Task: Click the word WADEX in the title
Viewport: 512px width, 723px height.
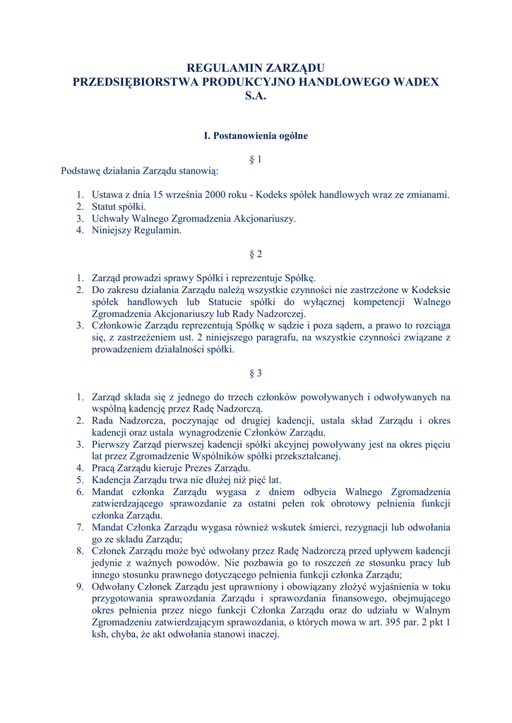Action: [x=412, y=82]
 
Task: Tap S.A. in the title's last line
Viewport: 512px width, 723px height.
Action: [x=256, y=96]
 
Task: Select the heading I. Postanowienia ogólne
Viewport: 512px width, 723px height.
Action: [x=256, y=136]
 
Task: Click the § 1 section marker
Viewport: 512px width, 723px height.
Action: [x=256, y=160]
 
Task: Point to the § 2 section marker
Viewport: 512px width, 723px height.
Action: [x=256, y=254]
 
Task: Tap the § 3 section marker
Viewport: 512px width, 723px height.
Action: [x=256, y=373]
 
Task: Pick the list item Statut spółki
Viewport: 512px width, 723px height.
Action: [x=119, y=207]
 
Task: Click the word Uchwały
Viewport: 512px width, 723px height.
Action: [x=109, y=219]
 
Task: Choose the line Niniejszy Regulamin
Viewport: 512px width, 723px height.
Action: [x=136, y=230]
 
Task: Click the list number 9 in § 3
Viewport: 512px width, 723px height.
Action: [x=80, y=586]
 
